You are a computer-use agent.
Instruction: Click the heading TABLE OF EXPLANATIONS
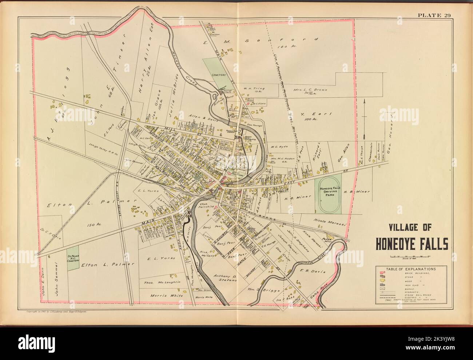[403, 269]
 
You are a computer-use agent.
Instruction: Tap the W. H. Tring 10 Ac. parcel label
[254, 90]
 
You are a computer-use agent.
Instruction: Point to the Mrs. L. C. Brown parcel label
[313, 90]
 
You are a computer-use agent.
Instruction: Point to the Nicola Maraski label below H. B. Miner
[328, 221]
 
